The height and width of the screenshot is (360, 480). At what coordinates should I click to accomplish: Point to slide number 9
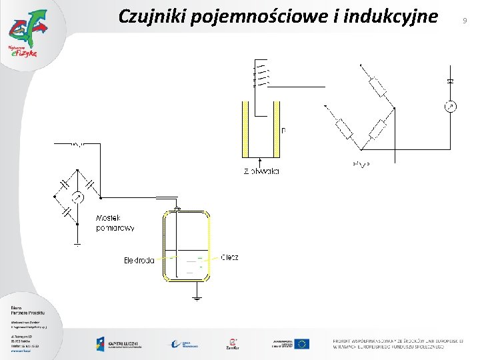[x=464, y=21]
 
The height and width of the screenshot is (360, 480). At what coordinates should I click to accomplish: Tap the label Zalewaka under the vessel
[x=261, y=171]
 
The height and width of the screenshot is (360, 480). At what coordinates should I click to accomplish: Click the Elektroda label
[x=139, y=260]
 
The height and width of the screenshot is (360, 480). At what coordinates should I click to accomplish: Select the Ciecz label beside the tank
[x=229, y=257]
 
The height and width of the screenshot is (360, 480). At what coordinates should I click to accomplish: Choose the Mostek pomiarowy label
[x=115, y=223]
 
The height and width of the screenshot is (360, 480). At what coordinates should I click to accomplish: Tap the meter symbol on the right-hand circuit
[x=451, y=107]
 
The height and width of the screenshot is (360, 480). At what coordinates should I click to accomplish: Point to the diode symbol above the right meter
[x=451, y=81]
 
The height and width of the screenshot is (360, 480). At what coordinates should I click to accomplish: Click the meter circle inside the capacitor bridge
[x=77, y=197]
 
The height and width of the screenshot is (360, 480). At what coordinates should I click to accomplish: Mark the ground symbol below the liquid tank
[x=196, y=297]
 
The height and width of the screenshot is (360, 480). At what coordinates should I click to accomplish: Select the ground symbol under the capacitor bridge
[x=77, y=245]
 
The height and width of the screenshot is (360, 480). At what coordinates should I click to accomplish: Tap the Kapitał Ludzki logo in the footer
[x=121, y=344]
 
